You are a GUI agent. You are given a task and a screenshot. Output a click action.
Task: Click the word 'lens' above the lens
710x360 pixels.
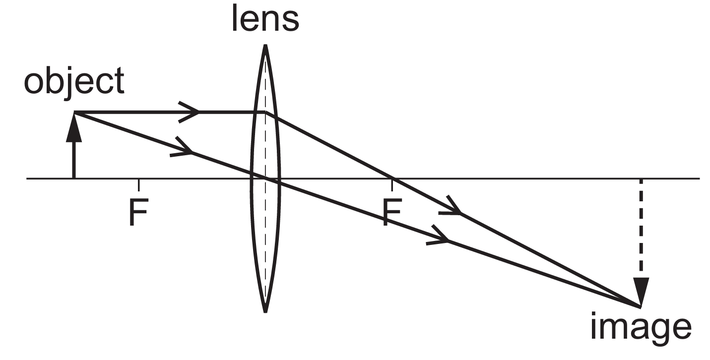pyautogui.click(x=265, y=20)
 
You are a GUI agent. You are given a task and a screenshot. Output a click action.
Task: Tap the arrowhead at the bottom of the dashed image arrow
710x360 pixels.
pyautogui.click(x=641, y=293)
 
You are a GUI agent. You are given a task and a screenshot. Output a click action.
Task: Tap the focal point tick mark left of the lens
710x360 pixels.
pyautogui.click(x=138, y=183)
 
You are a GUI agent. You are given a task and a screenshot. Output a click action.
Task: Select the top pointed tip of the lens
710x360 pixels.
pyautogui.click(x=265, y=46)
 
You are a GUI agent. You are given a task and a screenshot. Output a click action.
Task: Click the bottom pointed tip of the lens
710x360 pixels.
pyautogui.click(x=265, y=311)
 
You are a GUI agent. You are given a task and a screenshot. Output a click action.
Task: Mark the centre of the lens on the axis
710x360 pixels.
pyautogui.click(x=265, y=178)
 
